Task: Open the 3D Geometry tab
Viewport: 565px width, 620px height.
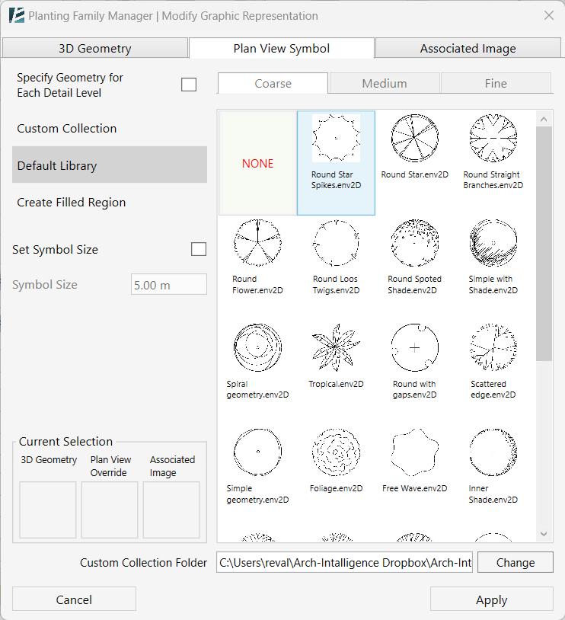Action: click(x=95, y=48)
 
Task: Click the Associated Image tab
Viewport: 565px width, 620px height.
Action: click(x=468, y=48)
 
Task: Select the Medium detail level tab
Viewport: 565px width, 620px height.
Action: click(x=384, y=83)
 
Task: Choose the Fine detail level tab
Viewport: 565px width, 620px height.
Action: click(x=496, y=83)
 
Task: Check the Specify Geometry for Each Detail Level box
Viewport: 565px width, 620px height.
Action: click(x=189, y=85)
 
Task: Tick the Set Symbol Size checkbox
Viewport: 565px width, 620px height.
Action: click(x=198, y=249)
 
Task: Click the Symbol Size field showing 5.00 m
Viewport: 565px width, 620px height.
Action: click(x=168, y=285)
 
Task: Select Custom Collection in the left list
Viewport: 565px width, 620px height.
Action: click(x=67, y=128)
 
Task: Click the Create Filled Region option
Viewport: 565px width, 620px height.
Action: click(x=72, y=203)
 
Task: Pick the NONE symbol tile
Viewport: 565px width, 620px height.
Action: click(x=257, y=163)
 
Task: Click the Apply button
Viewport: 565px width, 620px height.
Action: click(x=491, y=599)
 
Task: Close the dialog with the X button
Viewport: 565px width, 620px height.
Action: click(x=548, y=15)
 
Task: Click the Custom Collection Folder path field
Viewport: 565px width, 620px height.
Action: click(x=345, y=563)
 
